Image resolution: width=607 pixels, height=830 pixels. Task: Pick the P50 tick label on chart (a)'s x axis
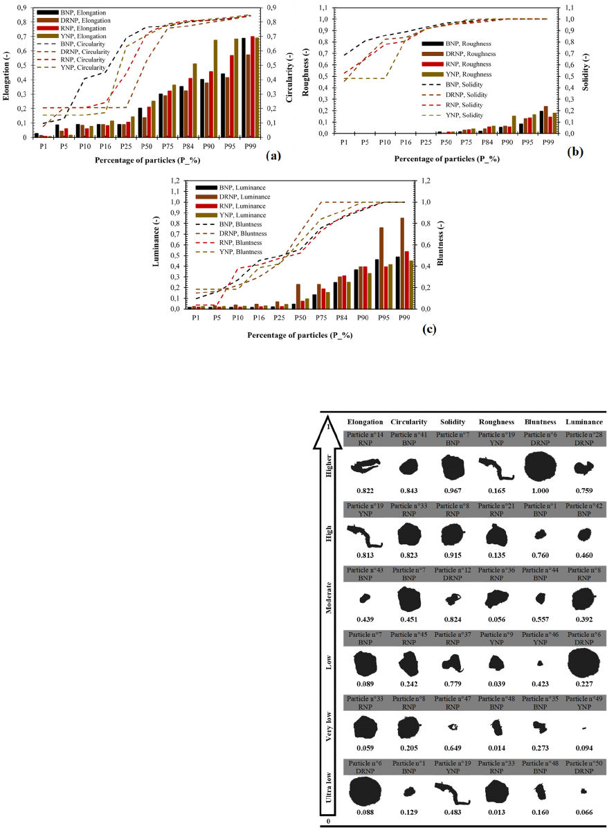[144, 147]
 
